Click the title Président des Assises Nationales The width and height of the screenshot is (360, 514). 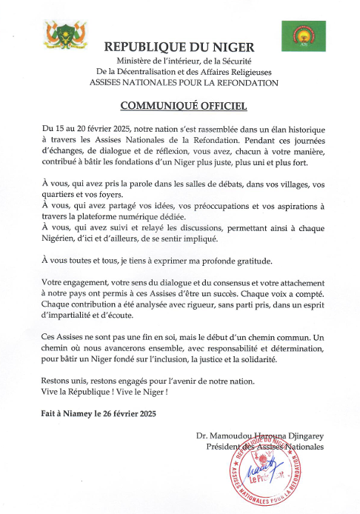click(265, 447)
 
